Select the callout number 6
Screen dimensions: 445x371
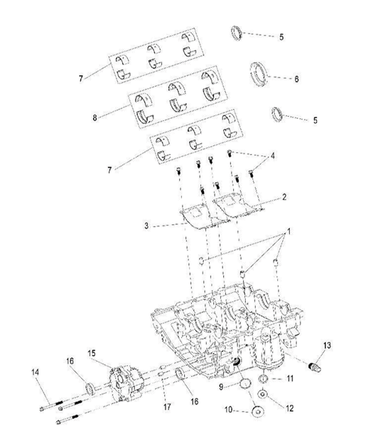tap(296, 79)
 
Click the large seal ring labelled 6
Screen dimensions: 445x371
tap(258, 73)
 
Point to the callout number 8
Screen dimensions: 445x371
tap(94, 118)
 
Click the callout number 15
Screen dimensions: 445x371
tap(92, 353)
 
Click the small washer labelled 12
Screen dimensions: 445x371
tap(263, 395)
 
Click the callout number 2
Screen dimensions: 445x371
tap(284, 196)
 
